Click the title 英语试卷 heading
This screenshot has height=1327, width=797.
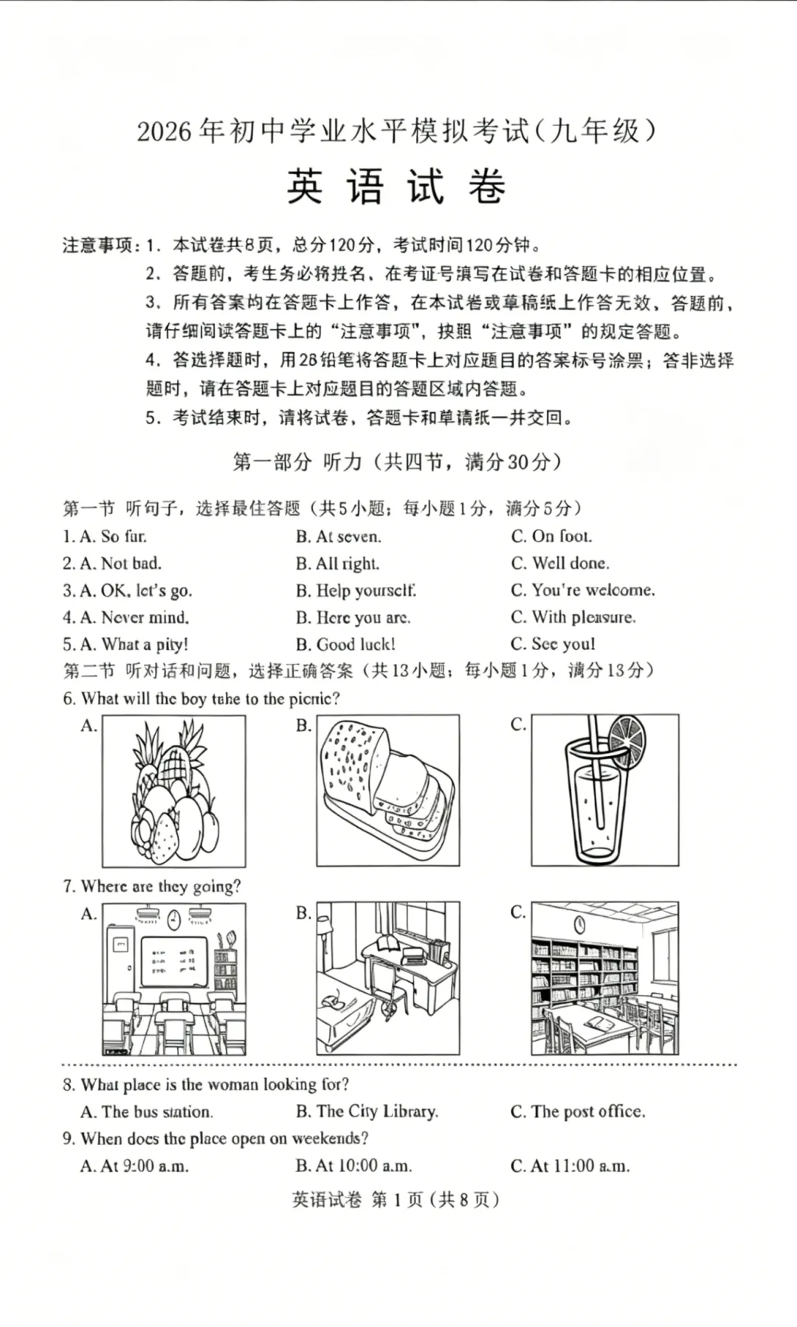click(396, 187)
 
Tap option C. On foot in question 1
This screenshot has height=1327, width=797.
click(551, 536)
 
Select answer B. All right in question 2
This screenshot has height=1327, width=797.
click(337, 564)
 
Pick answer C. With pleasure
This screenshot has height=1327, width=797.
click(573, 617)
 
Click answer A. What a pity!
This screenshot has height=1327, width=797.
click(125, 645)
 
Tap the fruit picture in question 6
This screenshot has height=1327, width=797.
click(174, 791)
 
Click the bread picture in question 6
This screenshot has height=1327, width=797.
click(388, 790)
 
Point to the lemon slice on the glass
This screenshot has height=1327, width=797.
click(627, 740)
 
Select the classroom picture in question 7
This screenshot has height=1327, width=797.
click(174, 979)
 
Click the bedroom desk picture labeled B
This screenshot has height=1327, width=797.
click(388, 978)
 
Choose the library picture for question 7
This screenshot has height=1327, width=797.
click(604, 978)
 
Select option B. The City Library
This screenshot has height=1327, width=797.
click(367, 1112)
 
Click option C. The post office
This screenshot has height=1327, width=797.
click(578, 1112)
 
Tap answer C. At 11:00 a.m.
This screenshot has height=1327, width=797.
click(570, 1166)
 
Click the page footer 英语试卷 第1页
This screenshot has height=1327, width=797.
click(396, 1200)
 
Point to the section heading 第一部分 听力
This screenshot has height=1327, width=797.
click(396, 462)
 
